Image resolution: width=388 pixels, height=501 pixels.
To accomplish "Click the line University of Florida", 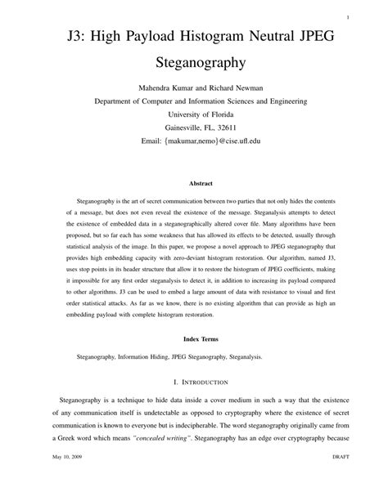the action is [x=194, y=114].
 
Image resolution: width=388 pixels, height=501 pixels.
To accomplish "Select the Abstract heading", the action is [x=194, y=184].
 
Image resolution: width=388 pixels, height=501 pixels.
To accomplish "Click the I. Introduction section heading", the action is [x=194, y=382].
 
